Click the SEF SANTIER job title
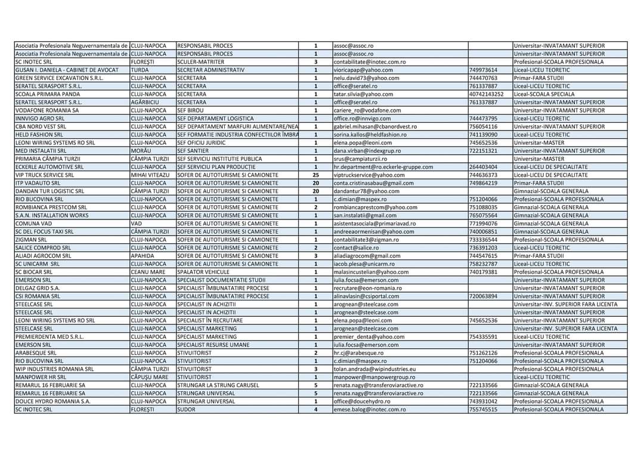pyautogui.click(x=193, y=151)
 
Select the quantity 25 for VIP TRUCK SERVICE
pyautogui.click(x=315, y=176)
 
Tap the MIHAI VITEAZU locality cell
pyautogui.click(x=150, y=176)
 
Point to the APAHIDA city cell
pyautogui.click(x=143, y=256)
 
